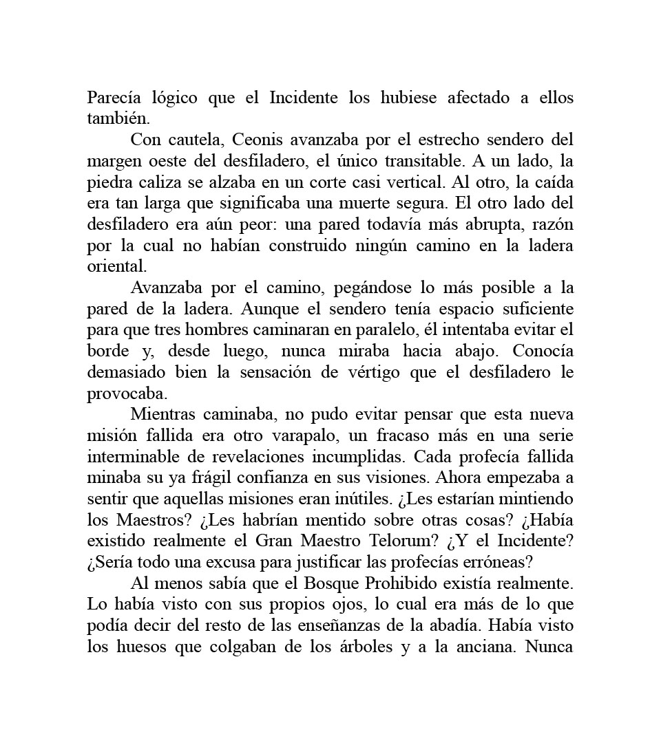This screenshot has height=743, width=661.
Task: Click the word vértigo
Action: [x=379, y=373]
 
